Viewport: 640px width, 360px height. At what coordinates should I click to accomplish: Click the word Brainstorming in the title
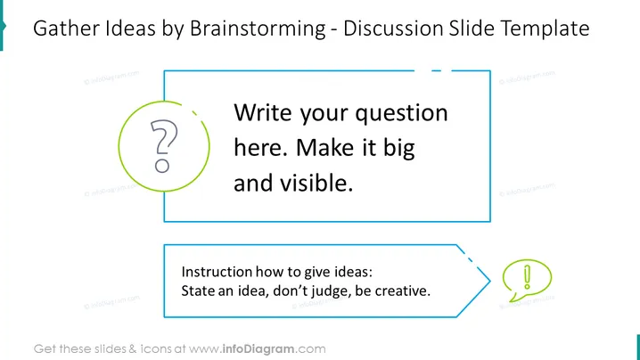pos(258,29)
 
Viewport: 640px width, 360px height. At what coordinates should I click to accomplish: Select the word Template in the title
pos(545,29)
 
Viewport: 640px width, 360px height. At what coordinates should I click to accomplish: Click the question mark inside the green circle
pos(164,146)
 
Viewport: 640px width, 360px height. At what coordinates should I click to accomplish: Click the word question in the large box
pos(401,113)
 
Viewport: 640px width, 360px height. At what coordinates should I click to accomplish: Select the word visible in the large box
pos(316,183)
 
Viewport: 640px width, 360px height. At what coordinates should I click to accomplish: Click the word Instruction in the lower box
pos(217,272)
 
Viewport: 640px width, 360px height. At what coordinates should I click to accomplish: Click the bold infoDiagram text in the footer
pos(258,349)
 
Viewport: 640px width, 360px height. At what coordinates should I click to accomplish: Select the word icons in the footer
pos(156,349)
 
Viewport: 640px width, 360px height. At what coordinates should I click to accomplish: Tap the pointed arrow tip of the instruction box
pos(489,281)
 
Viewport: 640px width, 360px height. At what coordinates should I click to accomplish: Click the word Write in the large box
pos(262,112)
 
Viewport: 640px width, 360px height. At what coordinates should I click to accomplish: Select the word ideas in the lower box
pos(354,272)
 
